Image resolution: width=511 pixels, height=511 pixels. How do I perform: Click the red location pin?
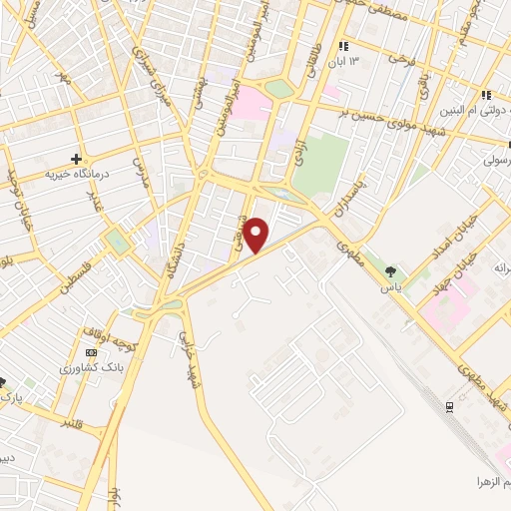(x=256, y=235)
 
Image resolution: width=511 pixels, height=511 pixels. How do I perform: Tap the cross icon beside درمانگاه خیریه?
(x=76, y=158)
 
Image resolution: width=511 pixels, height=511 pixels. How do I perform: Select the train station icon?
(x=449, y=406)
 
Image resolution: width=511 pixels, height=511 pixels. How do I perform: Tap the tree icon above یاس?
(x=390, y=271)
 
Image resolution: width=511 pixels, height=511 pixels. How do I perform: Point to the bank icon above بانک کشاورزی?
(x=92, y=353)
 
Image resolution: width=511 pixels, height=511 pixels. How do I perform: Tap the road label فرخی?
(x=399, y=62)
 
